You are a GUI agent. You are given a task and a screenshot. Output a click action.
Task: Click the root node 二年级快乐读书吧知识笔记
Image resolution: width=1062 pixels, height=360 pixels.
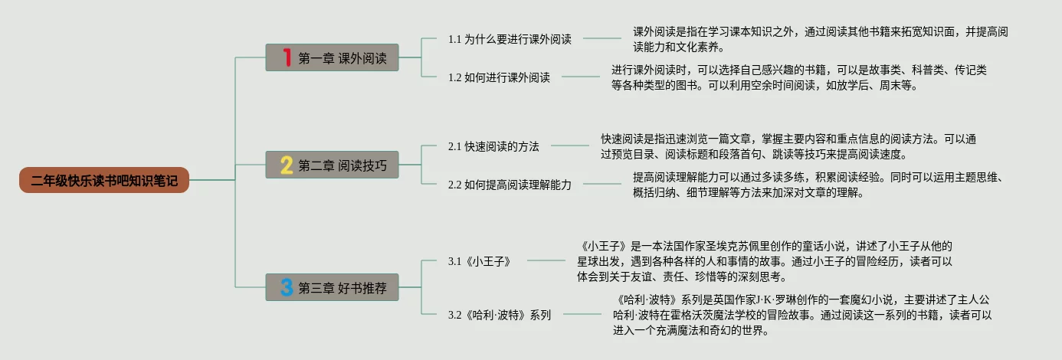tap(104, 181)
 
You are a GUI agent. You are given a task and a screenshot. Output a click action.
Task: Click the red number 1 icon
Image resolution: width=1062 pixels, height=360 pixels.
tap(287, 57)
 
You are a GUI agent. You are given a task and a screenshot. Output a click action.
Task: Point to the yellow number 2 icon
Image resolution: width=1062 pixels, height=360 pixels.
tap(287, 165)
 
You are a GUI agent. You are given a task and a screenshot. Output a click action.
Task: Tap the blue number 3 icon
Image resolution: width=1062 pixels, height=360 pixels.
tap(287, 288)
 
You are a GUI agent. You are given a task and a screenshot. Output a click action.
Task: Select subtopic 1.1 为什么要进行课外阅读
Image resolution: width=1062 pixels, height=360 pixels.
tap(510, 39)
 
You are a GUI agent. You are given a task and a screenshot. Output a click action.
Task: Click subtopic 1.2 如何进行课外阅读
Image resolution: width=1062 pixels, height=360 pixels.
tap(499, 77)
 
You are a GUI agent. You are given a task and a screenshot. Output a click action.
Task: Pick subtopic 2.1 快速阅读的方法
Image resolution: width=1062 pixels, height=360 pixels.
tap(493, 146)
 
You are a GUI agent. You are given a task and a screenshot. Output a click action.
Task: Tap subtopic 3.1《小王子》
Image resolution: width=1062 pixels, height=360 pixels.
tap(479, 261)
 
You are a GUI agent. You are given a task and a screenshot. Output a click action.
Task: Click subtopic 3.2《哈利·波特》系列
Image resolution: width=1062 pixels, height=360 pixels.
tap(499, 314)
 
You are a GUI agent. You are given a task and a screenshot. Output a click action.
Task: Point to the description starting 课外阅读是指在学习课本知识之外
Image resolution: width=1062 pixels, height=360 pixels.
tap(820, 39)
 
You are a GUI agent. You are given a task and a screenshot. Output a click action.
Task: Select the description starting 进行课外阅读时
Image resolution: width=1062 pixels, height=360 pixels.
tap(798, 77)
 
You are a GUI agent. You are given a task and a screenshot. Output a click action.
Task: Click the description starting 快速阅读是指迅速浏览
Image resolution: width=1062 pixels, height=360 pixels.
tap(788, 146)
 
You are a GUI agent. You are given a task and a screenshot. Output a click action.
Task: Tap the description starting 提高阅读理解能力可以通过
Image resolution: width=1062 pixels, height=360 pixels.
tap(818, 185)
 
